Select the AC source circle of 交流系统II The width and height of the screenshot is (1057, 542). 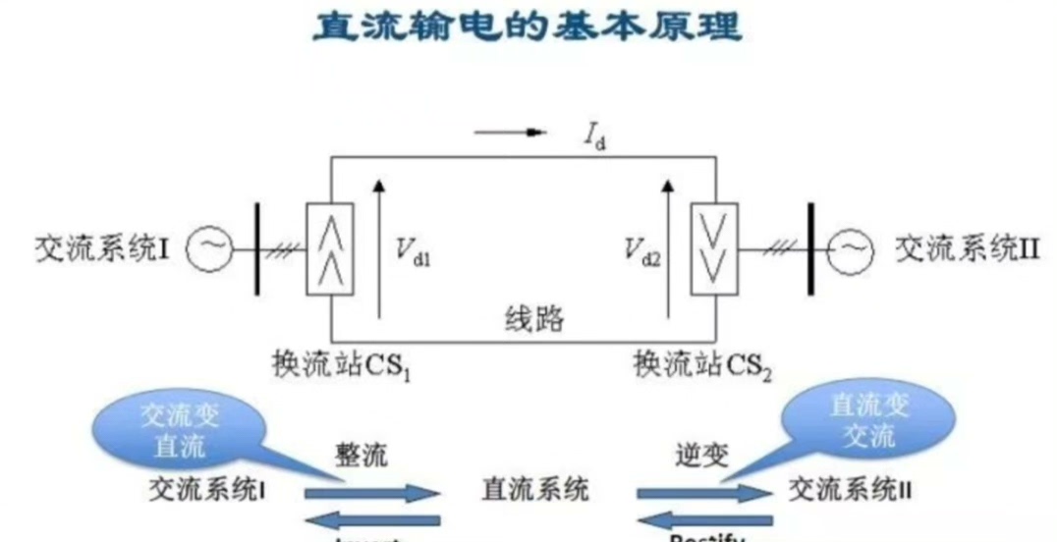849,251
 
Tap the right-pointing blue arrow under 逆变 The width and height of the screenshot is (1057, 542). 703,491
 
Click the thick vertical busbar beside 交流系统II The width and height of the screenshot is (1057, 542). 811,250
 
